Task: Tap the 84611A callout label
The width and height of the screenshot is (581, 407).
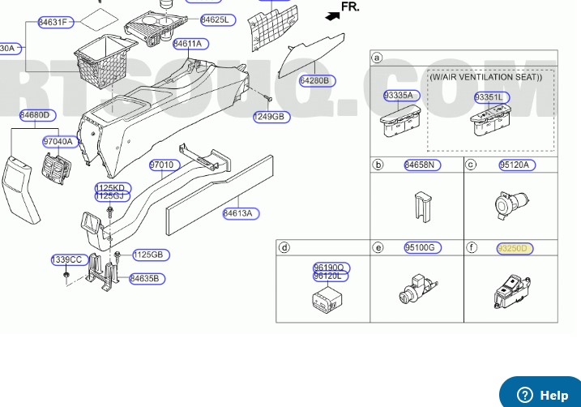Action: (x=189, y=44)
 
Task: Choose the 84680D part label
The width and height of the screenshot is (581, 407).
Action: (x=35, y=115)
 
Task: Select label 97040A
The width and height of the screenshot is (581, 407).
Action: (x=58, y=142)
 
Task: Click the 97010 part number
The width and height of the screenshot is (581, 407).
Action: (x=161, y=165)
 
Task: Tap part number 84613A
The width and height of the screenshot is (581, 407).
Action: (x=241, y=214)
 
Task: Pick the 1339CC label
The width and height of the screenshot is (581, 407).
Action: (x=67, y=259)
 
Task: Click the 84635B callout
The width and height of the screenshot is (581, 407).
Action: (x=147, y=279)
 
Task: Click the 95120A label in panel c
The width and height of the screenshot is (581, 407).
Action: (x=514, y=165)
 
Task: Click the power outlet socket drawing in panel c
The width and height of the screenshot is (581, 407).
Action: (x=511, y=205)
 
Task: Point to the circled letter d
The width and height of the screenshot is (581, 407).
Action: (x=284, y=247)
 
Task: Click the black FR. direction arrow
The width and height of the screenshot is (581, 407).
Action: (x=331, y=14)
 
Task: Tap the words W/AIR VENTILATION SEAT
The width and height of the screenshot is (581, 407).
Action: (x=485, y=78)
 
